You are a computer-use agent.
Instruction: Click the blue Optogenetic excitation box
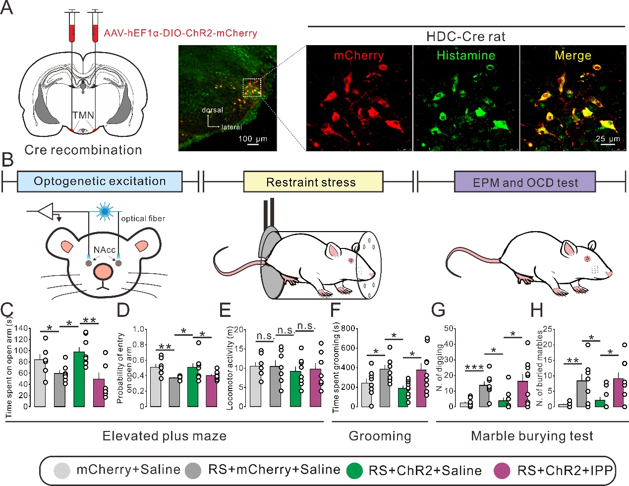[100, 182]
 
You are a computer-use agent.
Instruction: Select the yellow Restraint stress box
[313, 182]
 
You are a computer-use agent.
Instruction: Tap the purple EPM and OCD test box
[524, 182]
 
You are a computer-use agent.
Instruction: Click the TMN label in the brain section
[83, 115]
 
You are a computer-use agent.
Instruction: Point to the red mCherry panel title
[358, 55]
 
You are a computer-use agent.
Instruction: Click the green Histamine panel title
[465, 55]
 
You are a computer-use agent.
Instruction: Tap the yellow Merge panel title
[572, 55]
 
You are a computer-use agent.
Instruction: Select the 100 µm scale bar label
[252, 138]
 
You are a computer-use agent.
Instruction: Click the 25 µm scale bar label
[607, 138]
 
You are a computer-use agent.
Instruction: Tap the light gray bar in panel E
[256, 386]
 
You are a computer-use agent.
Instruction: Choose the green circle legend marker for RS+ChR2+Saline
[354, 470]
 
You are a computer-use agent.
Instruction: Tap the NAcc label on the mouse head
[104, 250]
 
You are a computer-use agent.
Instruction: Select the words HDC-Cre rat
[465, 37]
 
